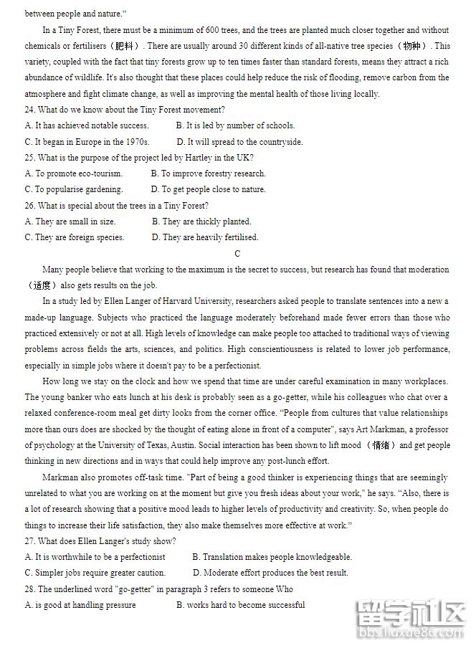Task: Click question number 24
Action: (x=29, y=110)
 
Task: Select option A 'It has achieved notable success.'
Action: (x=87, y=125)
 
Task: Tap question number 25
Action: (x=29, y=158)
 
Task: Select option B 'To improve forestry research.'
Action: (x=208, y=173)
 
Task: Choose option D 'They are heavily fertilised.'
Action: (x=204, y=237)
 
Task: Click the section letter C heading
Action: (x=237, y=254)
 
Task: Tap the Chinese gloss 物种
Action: (x=411, y=46)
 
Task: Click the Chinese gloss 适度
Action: (x=41, y=285)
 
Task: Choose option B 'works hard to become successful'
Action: (x=240, y=605)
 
